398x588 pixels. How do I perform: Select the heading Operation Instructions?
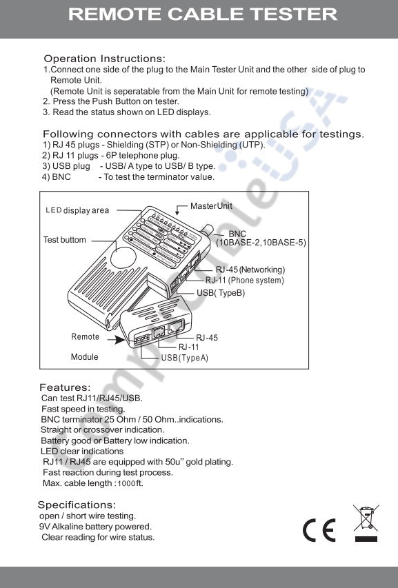[104, 59]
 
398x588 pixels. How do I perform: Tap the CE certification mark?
[319, 529]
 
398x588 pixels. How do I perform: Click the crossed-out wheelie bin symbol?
[366, 522]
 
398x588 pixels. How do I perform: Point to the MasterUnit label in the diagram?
[211, 206]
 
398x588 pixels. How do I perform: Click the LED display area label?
[77, 210]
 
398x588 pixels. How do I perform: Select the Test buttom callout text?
[65, 240]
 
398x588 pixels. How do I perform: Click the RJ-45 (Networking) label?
[250, 270]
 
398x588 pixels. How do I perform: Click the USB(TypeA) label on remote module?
[184, 358]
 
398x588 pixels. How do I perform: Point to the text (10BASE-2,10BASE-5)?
[261, 243]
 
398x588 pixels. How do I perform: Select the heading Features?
[65, 387]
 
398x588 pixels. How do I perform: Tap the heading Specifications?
[77, 505]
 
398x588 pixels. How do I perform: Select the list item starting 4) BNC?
[128, 177]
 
